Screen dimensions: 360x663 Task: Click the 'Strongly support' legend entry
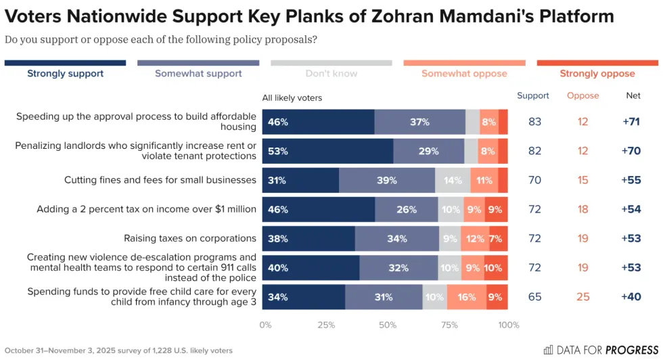pos(66,74)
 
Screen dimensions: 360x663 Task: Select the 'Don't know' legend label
pos(331,74)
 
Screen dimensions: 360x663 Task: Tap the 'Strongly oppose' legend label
pos(597,74)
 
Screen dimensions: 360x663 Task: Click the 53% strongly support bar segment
pos(327,151)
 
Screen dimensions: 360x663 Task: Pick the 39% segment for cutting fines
pos(387,180)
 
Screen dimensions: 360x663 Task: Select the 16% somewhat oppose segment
pos(466,296)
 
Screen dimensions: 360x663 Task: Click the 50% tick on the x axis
pos(387,325)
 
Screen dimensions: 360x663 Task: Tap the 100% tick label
pos(508,325)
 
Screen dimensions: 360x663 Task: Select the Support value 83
pos(534,122)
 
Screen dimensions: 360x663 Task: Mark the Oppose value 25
pos(583,296)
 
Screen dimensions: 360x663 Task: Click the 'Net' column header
pos(633,95)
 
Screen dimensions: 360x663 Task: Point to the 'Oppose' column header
pos(583,95)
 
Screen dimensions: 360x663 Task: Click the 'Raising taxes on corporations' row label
pos(190,238)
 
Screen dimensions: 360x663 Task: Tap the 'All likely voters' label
pos(292,97)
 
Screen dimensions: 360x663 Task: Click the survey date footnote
pos(119,351)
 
